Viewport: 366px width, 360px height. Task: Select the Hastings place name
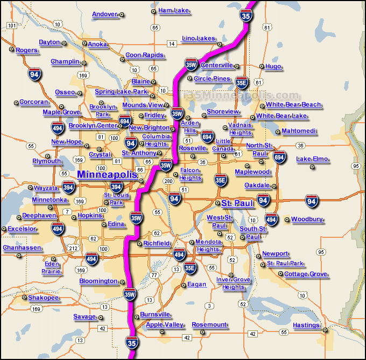pyautogui.click(x=306, y=325)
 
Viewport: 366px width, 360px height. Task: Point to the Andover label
pyautogui.click(x=104, y=14)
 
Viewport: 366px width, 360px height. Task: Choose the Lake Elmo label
pyautogui.click(x=312, y=159)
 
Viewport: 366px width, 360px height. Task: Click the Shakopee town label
pyautogui.click(x=44, y=298)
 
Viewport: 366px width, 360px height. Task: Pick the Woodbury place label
pyautogui.click(x=307, y=219)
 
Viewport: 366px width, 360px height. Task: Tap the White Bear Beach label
pyautogui.click(x=293, y=104)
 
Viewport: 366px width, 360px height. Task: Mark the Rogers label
pyautogui.click(x=27, y=50)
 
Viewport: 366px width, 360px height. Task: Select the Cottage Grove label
pyautogui.click(x=305, y=274)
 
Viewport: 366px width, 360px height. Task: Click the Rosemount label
pyautogui.click(x=209, y=324)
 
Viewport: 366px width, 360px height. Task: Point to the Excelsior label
pyautogui.click(x=22, y=229)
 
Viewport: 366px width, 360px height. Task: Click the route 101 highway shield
pyautogui.click(x=12, y=25)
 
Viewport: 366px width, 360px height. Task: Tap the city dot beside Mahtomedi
pyautogui.click(x=277, y=132)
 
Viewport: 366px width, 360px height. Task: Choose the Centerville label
pyautogui.click(x=217, y=65)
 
